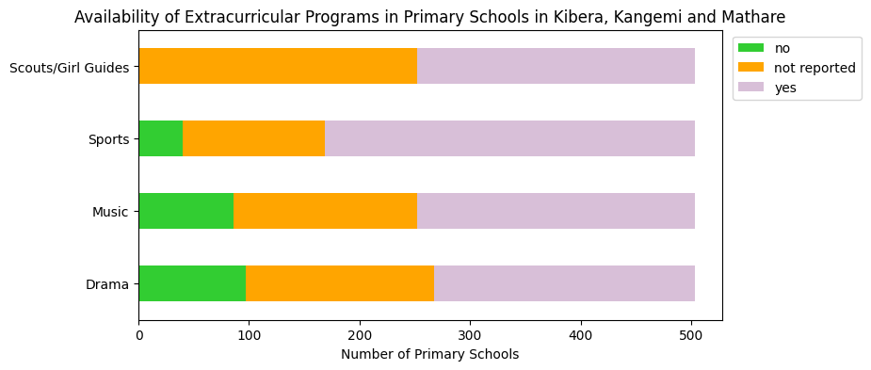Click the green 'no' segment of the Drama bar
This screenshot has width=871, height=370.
pos(192,283)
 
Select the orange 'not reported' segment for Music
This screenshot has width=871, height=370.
pos(325,211)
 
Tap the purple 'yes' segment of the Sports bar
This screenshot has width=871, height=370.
pos(509,138)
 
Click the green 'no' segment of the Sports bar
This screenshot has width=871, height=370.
pos(160,138)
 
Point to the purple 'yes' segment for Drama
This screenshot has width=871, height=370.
pos(564,283)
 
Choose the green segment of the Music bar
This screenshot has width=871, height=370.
pos(185,211)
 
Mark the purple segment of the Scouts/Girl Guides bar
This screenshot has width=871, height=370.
pos(556,66)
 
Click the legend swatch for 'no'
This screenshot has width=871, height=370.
pos(751,48)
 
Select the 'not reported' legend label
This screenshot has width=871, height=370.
pos(815,68)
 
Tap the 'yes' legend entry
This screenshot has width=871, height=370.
pos(784,88)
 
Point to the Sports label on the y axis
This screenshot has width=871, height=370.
pos(109,139)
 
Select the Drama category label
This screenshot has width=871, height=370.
pos(107,284)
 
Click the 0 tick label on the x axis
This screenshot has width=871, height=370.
pos(138,334)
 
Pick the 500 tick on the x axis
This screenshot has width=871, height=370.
pos(691,334)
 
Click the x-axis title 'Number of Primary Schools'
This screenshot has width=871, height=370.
pos(429,355)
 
